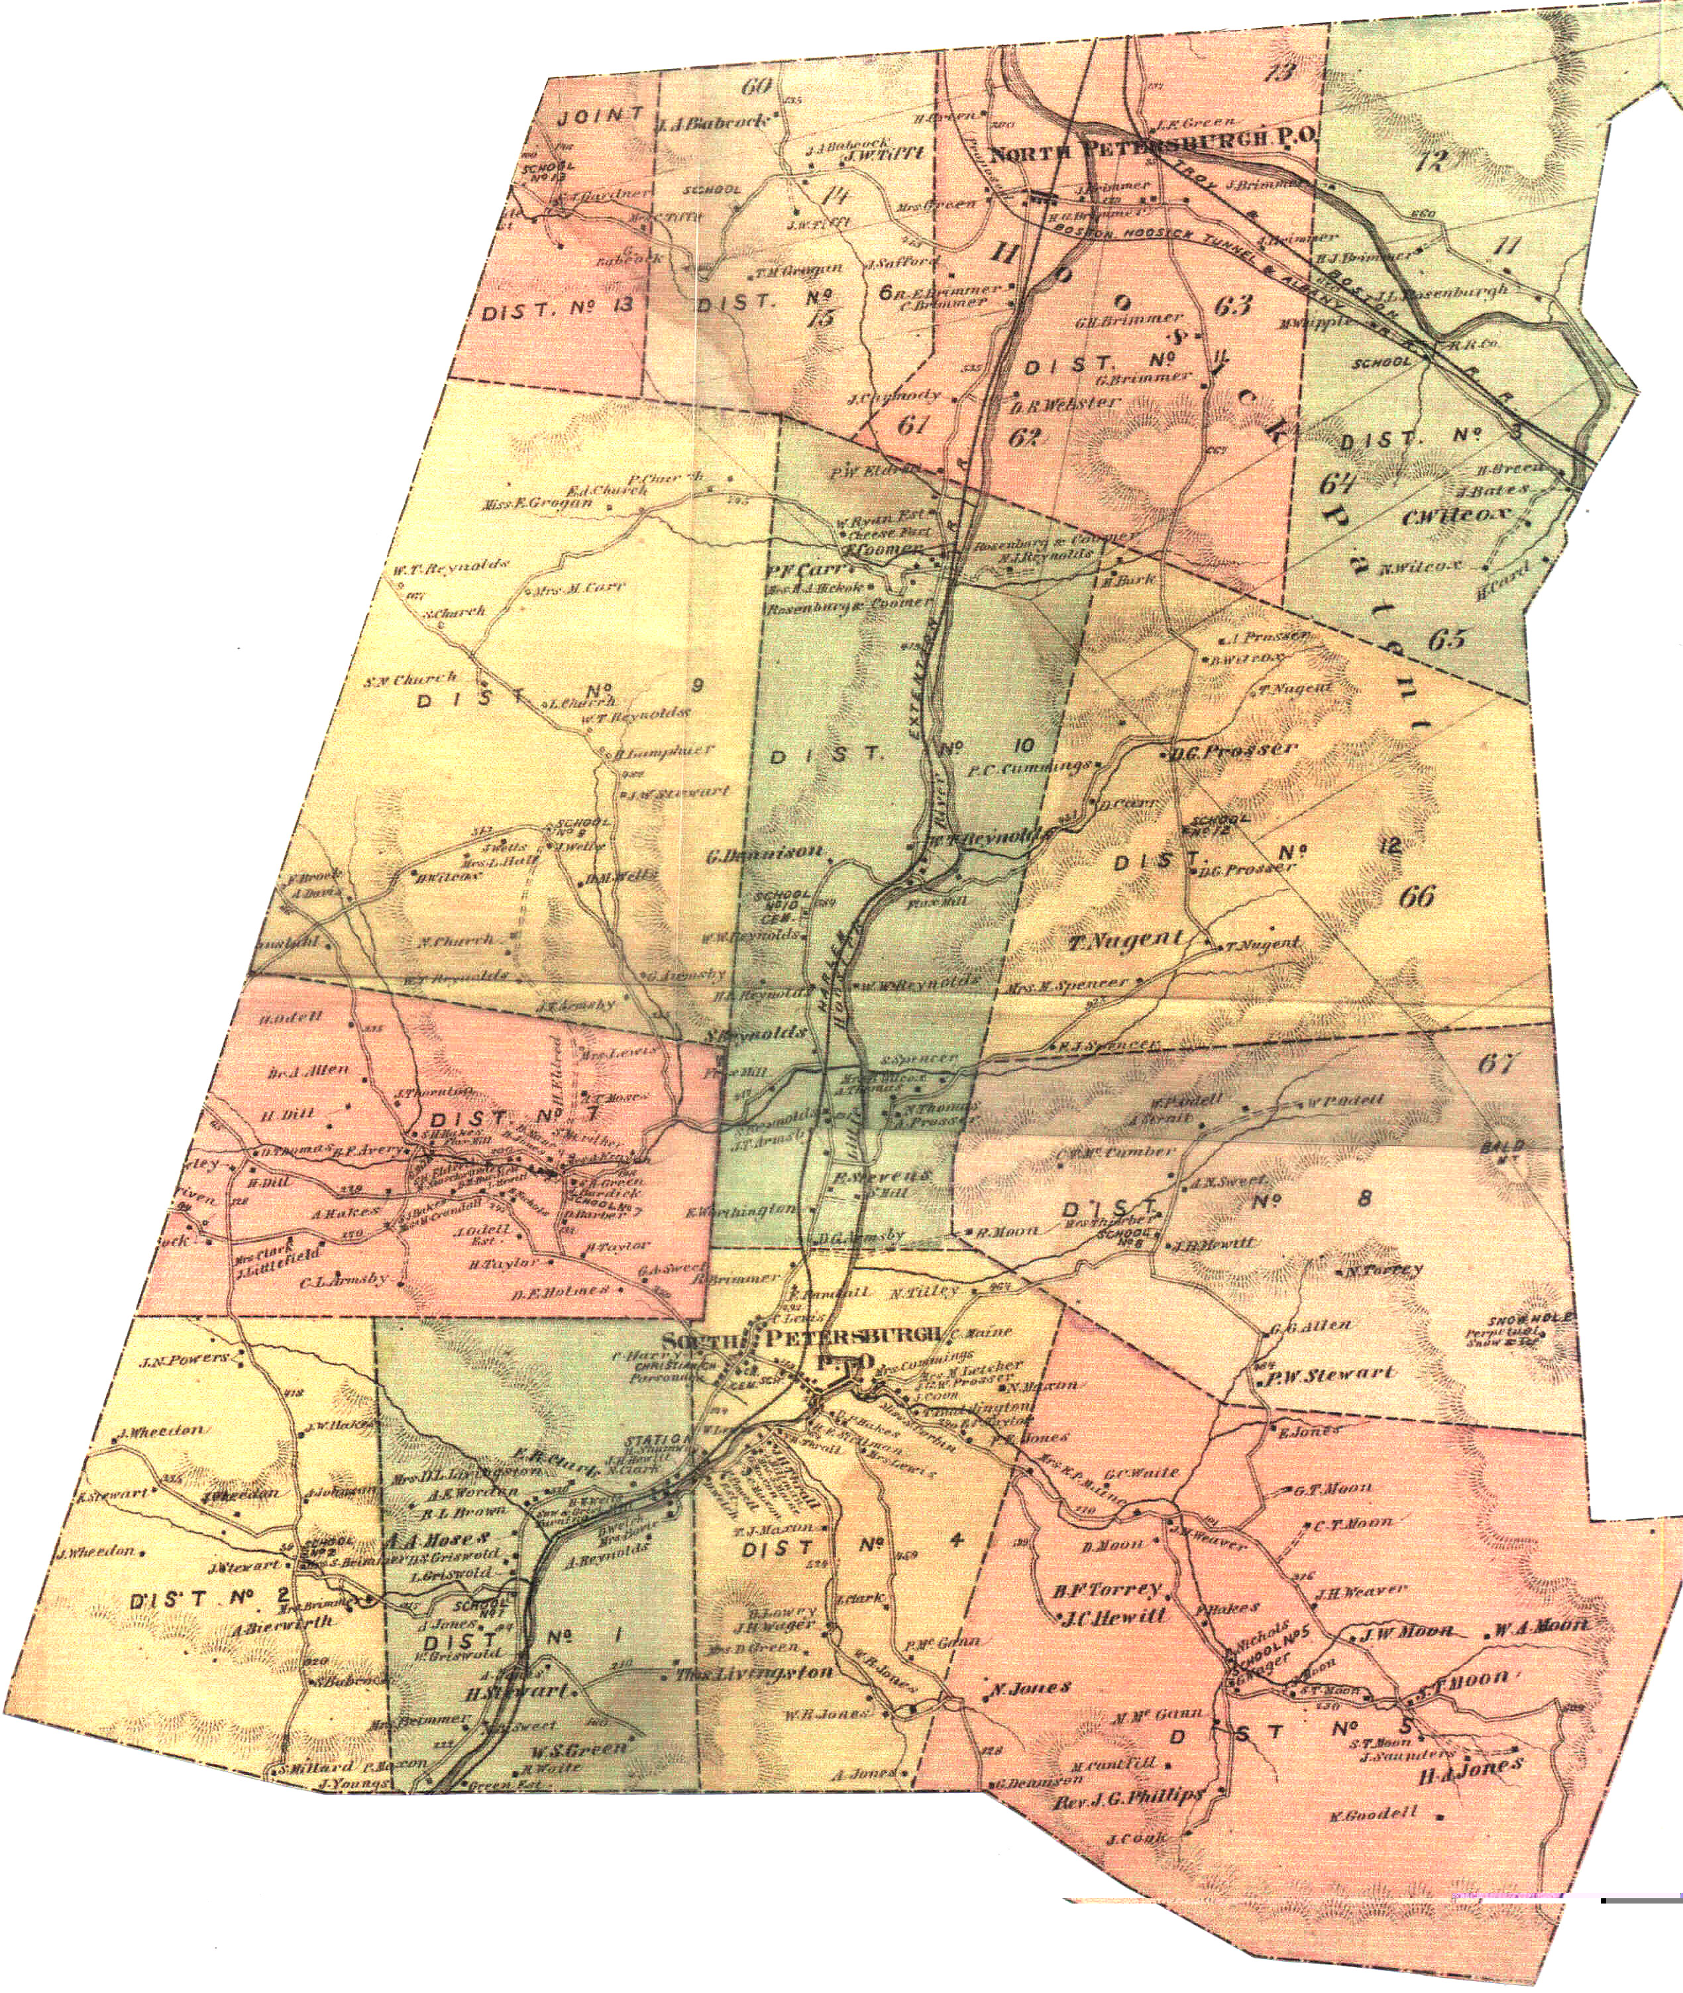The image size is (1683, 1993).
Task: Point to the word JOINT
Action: [x=601, y=117]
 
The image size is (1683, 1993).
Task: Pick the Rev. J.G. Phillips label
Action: [x=1128, y=1798]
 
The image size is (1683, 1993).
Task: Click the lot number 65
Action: [x=1446, y=638]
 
